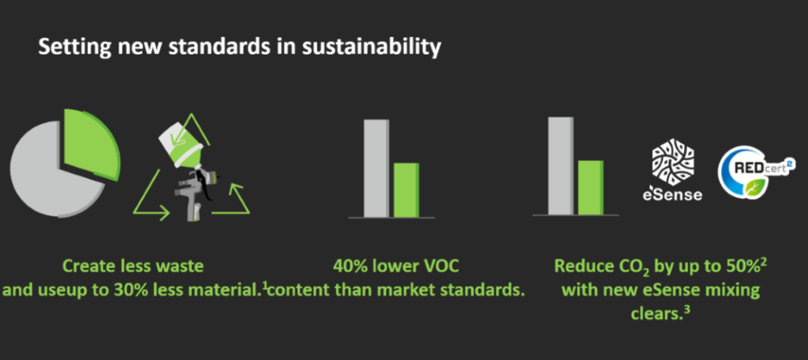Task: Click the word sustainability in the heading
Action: (x=371, y=47)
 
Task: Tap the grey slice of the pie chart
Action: (x=51, y=171)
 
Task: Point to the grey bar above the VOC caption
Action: (x=376, y=168)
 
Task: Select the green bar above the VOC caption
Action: (x=406, y=189)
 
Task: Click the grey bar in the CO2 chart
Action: (x=561, y=166)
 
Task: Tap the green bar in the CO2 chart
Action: (x=590, y=187)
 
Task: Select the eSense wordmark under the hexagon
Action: (x=672, y=194)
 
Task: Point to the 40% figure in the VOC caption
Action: (x=349, y=267)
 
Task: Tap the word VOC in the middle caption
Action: (x=441, y=267)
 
